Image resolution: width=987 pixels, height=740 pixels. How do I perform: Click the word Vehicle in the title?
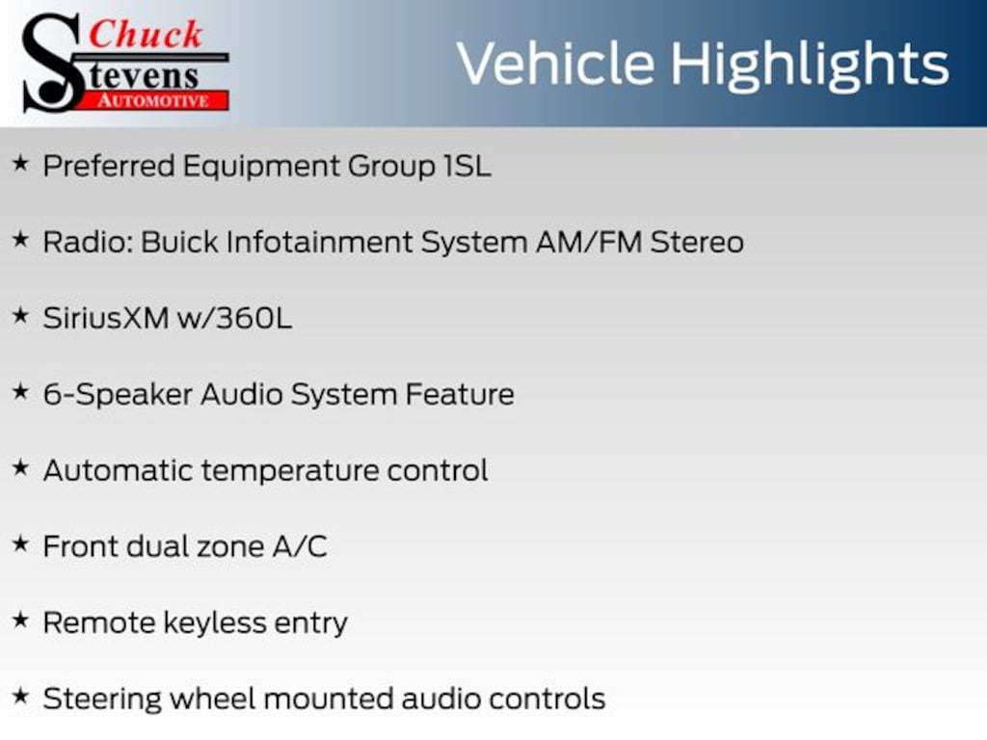pyautogui.click(x=554, y=64)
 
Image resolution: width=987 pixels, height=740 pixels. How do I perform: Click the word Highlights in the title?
pyautogui.click(x=810, y=64)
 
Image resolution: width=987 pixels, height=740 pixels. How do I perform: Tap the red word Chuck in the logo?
pyautogui.click(x=146, y=34)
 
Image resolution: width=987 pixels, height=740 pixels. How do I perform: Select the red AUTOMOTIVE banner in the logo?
pyautogui.click(x=161, y=99)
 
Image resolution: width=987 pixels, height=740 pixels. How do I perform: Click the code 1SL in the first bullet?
pyautogui.click(x=467, y=166)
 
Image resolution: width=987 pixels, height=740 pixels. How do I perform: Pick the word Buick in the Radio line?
pyautogui.click(x=180, y=241)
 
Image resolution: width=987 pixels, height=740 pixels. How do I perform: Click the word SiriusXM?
pyautogui.click(x=106, y=317)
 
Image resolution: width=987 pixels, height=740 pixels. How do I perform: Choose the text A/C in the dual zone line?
pyautogui.click(x=300, y=546)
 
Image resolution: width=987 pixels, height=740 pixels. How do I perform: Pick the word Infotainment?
pyautogui.click(x=319, y=241)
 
